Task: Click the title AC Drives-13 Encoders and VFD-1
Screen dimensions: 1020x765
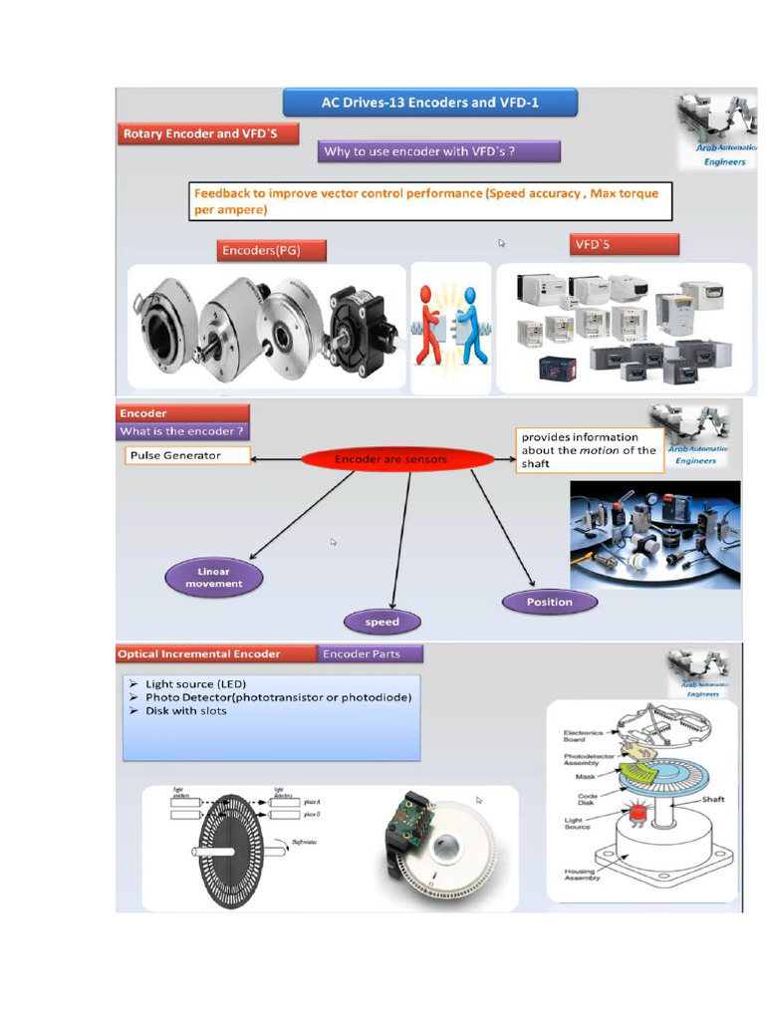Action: pyautogui.click(x=430, y=103)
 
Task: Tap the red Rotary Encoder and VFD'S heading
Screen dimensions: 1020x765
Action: pyautogui.click(x=208, y=134)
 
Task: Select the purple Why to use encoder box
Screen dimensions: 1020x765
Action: pyautogui.click(x=440, y=151)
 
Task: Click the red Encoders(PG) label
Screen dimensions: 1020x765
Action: pyautogui.click(x=272, y=250)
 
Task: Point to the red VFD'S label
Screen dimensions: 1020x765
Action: pyautogui.click(x=625, y=245)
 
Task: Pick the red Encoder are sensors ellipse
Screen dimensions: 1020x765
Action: pyautogui.click(x=397, y=459)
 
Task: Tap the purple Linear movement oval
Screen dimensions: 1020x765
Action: pyautogui.click(x=213, y=578)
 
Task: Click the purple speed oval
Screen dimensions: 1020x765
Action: pyautogui.click(x=382, y=623)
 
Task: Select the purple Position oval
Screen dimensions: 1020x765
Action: pyautogui.click(x=550, y=602)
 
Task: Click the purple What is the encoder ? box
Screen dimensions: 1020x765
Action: pyautogui.click(x=181, y=431)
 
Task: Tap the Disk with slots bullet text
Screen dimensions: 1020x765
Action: pyautogui.click(x=185, y=711)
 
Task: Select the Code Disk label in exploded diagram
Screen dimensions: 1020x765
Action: pyautogui.click(x=586, y=801)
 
